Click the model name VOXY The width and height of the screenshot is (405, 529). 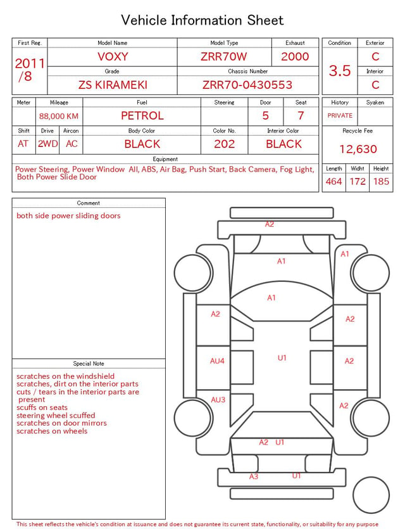pos(113,56)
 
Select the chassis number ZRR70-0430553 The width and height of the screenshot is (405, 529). pos(247,85)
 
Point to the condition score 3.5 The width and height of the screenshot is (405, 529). pos(340,70)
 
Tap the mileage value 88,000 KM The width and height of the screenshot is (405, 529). pos(59,117)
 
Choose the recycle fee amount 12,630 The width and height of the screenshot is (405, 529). pos(358,149)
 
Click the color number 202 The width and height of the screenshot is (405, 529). pos(225,144)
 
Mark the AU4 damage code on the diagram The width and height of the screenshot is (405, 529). pos(217,361)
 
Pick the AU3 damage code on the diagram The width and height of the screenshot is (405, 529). pos(218,400)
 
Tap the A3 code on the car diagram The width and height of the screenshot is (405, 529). pos(254,476)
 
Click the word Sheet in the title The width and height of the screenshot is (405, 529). pos(266,20)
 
